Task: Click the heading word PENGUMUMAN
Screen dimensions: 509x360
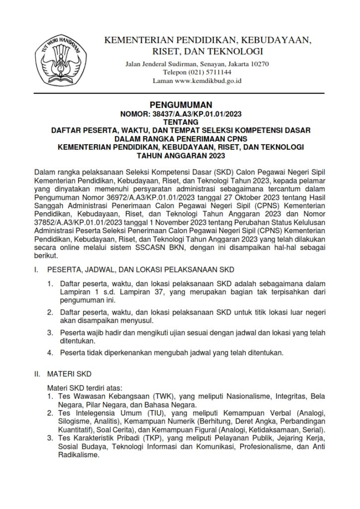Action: tap(181, 105)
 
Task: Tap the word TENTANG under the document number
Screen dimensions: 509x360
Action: tap(181, 122)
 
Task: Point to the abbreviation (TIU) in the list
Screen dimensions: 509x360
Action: tap(129, 413)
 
